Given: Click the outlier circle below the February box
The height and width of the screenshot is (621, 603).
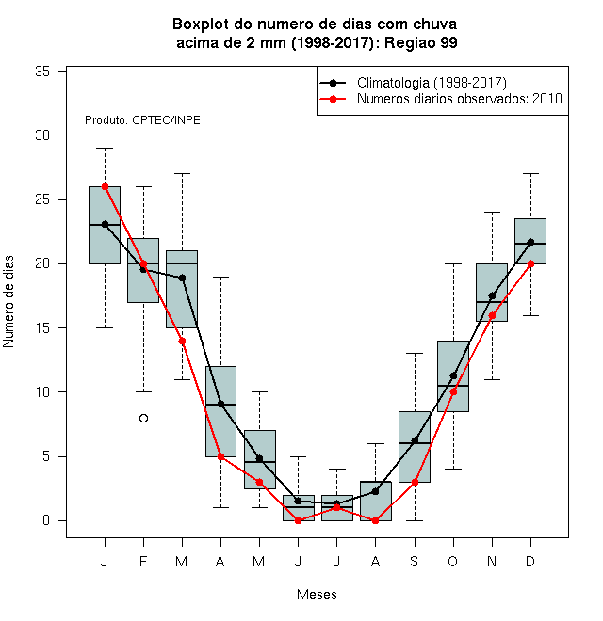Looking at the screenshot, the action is [x=143, y=418].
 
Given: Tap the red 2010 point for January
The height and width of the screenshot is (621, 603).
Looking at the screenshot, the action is [x=106, y=186].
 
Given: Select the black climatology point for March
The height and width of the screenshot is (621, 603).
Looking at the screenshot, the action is [x=182, y=278].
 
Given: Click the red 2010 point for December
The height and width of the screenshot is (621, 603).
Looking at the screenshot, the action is [x=530, y=263].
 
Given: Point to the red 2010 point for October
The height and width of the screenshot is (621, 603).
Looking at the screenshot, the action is [x=453, y=391].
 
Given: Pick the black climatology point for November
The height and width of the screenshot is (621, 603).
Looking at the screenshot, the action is [x=492, y=295].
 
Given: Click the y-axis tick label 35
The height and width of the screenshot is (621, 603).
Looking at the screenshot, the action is [x=42, y=72].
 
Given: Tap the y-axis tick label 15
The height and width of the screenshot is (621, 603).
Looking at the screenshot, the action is [x=42, y=328].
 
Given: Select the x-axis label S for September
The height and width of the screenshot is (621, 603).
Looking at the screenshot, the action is [x=415, y=561].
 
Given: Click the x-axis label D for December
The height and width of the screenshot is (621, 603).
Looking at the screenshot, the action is [x=530, y=561].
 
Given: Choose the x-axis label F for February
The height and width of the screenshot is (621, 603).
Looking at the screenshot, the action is [x=143, y=561].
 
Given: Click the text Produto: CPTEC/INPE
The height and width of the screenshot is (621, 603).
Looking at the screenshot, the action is [x=142, y=120].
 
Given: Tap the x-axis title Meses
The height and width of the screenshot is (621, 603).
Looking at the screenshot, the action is [x=317, y=595].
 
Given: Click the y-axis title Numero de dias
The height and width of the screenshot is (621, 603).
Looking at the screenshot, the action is [x=8, y=302].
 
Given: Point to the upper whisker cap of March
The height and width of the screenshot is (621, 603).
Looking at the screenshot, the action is [x=182, y=173].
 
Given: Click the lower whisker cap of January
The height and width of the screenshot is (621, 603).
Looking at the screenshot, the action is [x=106, y=328].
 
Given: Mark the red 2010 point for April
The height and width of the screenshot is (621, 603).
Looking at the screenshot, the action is [x=221, y=456].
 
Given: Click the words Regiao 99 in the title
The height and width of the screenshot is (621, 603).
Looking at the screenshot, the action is [x=421, y=42].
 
